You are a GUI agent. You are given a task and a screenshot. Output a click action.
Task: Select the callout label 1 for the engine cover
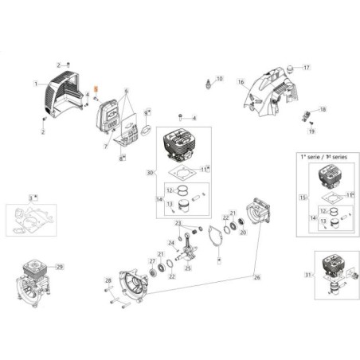pos(35,83)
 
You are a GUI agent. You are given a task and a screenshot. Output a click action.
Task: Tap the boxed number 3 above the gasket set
pos(33,197)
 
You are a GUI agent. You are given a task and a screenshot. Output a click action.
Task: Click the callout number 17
pos(306,67)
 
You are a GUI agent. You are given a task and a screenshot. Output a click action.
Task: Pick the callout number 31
pos(309,276)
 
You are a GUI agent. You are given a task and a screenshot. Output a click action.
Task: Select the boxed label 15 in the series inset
pos(303,196)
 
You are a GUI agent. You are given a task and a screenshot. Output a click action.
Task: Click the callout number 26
pos(256,278)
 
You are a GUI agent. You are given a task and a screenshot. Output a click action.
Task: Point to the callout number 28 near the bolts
pos(108,280)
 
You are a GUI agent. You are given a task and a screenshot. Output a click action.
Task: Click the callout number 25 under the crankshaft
pos(188,268)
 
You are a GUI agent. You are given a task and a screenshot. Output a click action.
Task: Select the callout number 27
pos(152,261)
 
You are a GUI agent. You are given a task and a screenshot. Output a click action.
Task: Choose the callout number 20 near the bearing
pos(243,233)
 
